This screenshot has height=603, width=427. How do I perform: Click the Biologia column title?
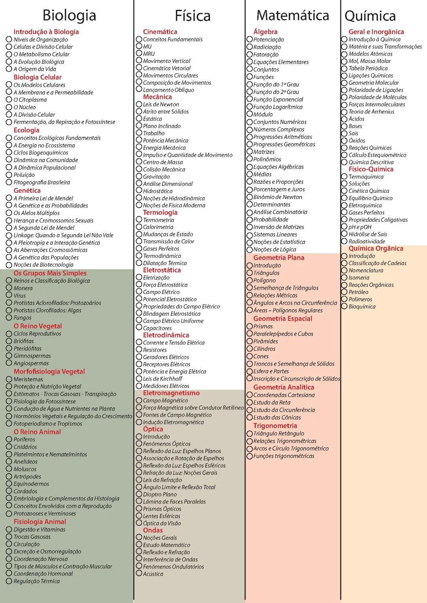[x=69, y=15]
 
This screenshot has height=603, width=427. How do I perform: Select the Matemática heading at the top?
[x=293, y=15]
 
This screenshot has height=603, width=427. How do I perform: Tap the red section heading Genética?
[x=27, y=190]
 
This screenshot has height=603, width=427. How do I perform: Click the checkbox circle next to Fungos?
[x=9, y=317]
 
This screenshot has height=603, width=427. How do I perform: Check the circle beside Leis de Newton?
[x=139, y=104]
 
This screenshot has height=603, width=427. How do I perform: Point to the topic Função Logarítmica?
[x=278, y=107]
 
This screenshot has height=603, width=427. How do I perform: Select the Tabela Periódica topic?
[x=368, y=68]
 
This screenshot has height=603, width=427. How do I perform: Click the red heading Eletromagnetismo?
[x=171, y=393]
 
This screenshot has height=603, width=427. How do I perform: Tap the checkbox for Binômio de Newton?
[x=249, y=197]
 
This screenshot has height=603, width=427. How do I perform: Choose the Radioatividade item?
[x=367, y=241]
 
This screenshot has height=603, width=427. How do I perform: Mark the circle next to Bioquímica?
[x=344, y=306]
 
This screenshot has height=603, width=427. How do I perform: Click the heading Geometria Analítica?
[x=283, y=387]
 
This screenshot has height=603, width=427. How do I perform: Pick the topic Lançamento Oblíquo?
[x=168, y=90]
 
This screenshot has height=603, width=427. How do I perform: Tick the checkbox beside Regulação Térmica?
[x=9, y=581]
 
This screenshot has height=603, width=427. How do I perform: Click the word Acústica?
[x=153, y=574]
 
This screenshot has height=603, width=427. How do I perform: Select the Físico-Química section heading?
[x=371, y=169]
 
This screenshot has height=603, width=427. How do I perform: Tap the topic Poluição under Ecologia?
[x=24, y=175]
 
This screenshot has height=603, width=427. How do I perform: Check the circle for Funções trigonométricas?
[x=249, y=456]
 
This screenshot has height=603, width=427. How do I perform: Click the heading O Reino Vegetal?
[x=38, y=326]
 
